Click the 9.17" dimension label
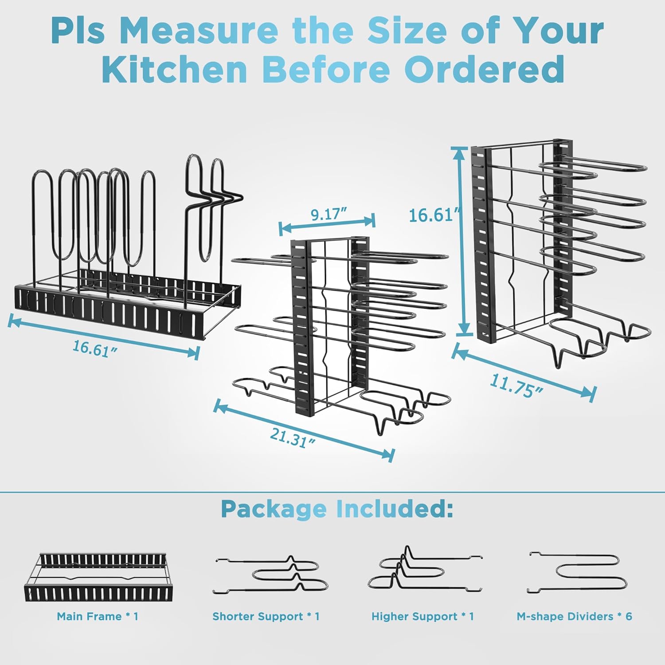pos(329,215)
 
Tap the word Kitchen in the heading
pos(175,70)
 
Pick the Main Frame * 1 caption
pos(98,616)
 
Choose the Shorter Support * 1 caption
pos(266,616)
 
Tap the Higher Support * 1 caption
pos(422,616)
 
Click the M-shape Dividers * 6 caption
pos(574,616)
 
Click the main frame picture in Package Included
pos(96,577)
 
